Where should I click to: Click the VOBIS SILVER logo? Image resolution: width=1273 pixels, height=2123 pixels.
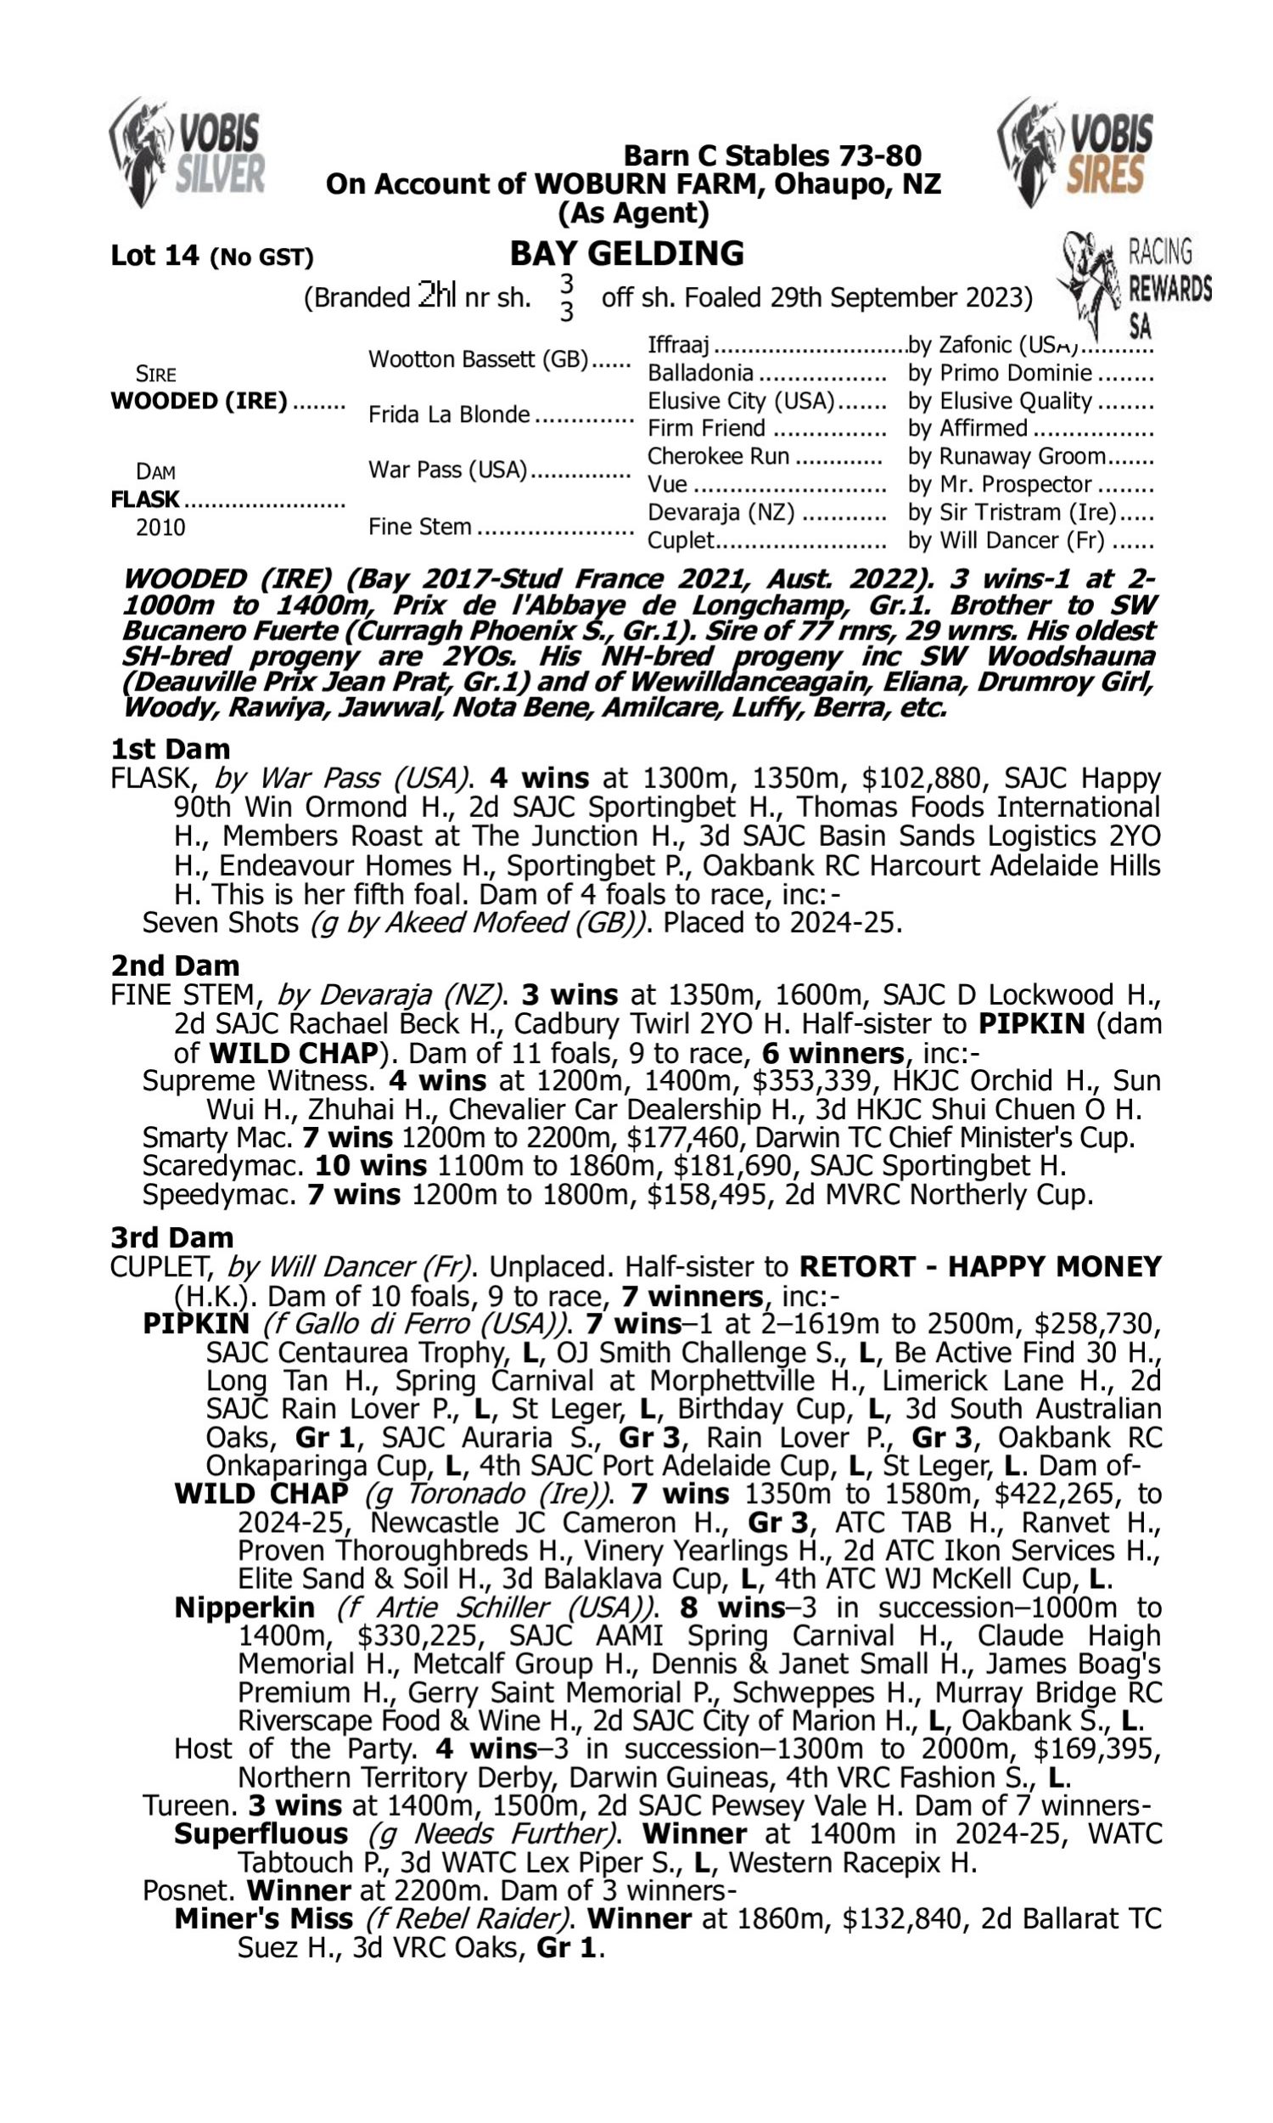[x=187, y=153]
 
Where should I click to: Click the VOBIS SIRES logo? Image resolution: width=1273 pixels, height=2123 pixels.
[x=1075, y=153]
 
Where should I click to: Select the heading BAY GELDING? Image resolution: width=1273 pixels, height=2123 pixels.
[x=627, y=254]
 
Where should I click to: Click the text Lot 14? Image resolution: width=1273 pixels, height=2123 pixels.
[x=154, y=256]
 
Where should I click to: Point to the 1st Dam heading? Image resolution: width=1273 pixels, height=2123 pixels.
[x=171, y=749]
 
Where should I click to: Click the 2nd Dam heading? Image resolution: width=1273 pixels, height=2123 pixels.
[x=175, y=966]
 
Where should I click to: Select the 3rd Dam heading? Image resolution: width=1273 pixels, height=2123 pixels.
[x=171, y=1237]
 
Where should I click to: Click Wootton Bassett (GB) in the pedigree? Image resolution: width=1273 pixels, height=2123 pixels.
[x=479, y=359]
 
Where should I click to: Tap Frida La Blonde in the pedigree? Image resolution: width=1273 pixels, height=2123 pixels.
[x=449, y=415]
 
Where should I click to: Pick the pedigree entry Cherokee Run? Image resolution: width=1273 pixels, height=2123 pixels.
[x=718, y=457]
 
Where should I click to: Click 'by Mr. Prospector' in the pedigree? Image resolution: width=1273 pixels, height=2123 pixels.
[x=1000, y=485]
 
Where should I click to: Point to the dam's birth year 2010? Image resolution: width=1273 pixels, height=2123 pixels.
[x=160, y=527]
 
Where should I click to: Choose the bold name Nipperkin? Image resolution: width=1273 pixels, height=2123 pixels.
[x=244, y=1608]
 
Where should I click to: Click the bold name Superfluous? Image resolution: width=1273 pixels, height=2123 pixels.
[x=261, y=1833]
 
